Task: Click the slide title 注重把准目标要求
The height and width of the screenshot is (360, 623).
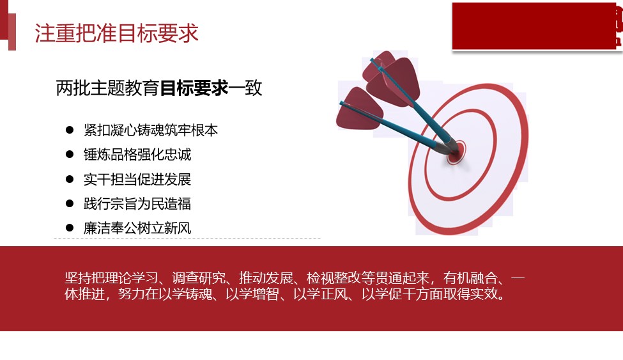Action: point(116,33)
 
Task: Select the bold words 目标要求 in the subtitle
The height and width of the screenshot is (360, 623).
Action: point(194,88)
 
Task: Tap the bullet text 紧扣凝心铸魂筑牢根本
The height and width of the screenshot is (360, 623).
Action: point(151,130)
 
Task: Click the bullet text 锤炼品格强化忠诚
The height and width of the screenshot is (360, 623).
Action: point(137,154)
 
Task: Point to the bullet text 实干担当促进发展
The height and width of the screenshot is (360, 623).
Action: point(137,179)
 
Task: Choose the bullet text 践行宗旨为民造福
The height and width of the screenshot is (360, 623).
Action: point(137,204)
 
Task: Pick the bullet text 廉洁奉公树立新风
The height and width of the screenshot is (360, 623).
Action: point(137,228)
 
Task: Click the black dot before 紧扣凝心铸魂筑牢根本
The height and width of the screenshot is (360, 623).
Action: point(70,130)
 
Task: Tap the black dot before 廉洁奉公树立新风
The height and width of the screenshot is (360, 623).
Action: point(70,228)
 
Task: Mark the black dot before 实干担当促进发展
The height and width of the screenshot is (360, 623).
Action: point(70,179)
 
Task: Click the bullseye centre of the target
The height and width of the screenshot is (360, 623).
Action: point(456,152)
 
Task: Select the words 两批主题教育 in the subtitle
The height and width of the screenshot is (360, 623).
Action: point(108,88)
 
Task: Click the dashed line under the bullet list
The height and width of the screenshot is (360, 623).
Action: point(187,239)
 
